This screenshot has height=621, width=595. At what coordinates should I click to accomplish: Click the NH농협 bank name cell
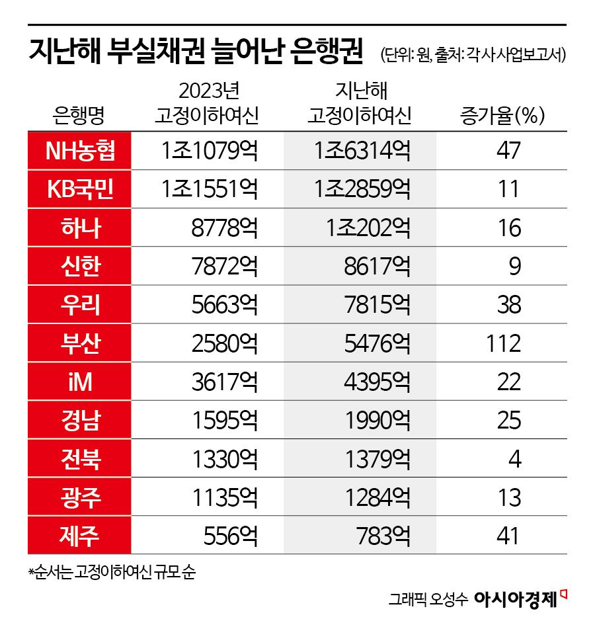coord(79,151)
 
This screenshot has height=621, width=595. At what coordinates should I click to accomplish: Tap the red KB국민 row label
coord(79,190)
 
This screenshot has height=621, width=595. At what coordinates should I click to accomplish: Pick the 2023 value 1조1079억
coord(209,151)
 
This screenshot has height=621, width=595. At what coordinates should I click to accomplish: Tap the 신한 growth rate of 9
coord(514,267)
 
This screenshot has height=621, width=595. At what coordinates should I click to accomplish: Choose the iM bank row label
coord(79,382)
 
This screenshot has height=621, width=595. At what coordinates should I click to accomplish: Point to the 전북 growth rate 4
coord(514,458)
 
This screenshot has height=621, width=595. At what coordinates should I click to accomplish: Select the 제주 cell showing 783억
coord(381,535)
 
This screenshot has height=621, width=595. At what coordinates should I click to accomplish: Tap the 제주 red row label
coord(79,535)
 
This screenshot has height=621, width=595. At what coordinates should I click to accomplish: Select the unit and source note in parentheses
coord(472,56)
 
